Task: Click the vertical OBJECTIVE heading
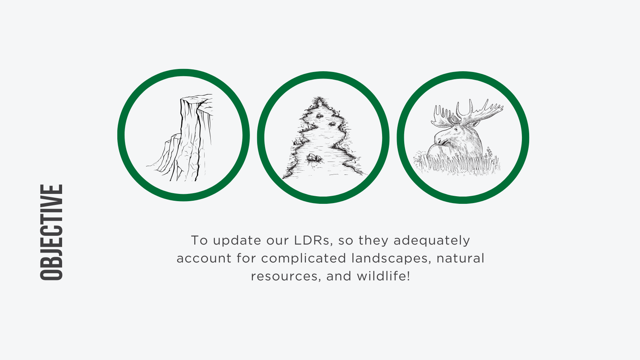pyautogui.click(x=51, y=232)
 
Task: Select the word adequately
pyautogui.click(x=431, y=241)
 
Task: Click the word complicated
pyautogui.click(x=303, y=259)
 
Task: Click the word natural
pyautogui.click(x=460, y=259)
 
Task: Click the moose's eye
pyautogui.click(x=456, y=129)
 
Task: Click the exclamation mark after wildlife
pyautogui.click(x=408, y=276)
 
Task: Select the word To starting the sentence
pyautogui.click(x=200, y=241)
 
